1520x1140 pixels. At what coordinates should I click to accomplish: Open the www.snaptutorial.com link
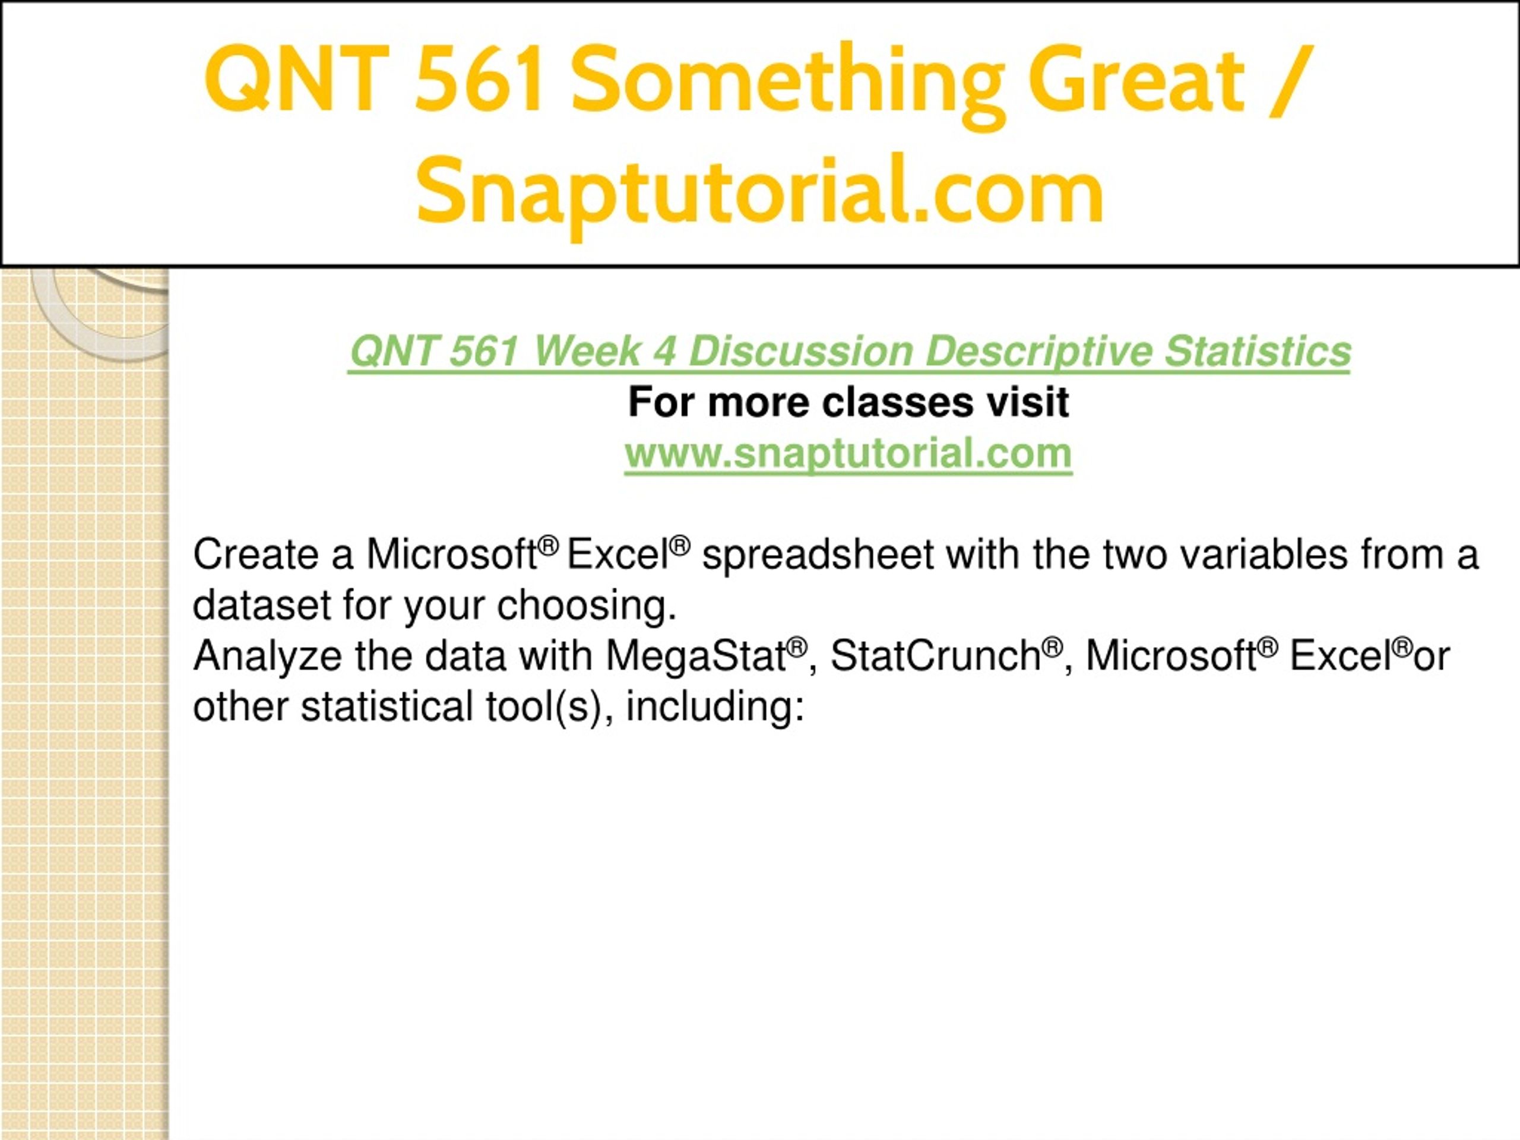tap(848, 454)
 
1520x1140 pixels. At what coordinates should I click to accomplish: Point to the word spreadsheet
tap(817, 555)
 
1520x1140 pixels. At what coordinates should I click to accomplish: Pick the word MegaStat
tap(695, 655)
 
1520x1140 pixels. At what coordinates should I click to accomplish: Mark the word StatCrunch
tap(935, 655)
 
